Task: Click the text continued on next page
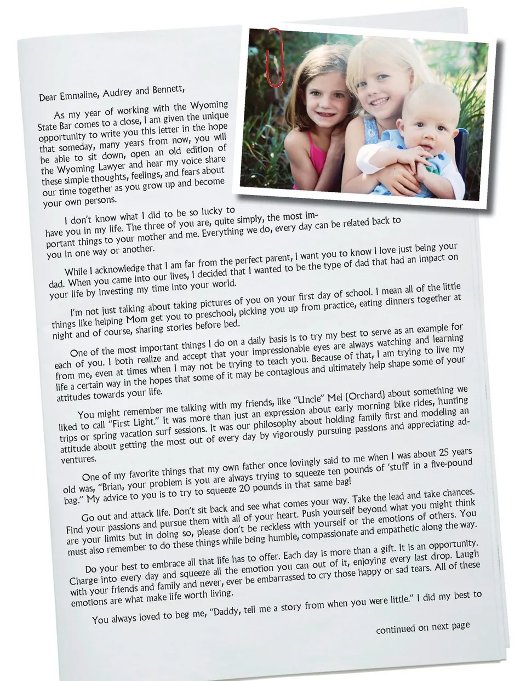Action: (422, 627)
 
